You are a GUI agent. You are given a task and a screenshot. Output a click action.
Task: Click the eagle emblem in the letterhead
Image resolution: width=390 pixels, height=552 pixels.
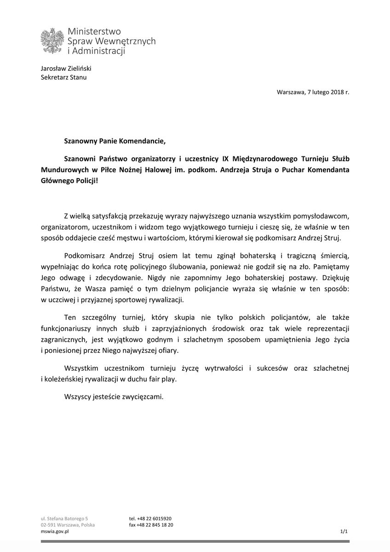coord(52,41)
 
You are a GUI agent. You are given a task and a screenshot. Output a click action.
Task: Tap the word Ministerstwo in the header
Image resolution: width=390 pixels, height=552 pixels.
coord(94,31)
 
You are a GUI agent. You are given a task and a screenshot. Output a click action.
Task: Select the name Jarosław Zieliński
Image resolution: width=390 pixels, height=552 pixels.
coord(66,68)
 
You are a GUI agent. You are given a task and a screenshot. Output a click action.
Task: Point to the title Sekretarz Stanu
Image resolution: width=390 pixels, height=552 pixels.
coord(64,77)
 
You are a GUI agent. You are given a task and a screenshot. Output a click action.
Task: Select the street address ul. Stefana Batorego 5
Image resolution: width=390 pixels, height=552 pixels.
coord(64,518)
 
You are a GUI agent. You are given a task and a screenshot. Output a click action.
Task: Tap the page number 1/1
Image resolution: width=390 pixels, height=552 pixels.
coord(344,531)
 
